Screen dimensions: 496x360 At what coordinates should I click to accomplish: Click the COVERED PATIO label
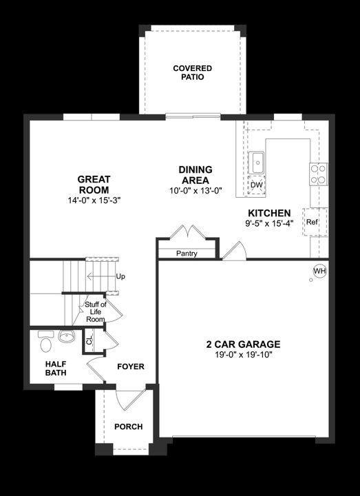[x=192, y=73]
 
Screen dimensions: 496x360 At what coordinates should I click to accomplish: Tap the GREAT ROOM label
[x=94, y=184]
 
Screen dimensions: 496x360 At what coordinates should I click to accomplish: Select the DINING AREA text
[x=195, y=174]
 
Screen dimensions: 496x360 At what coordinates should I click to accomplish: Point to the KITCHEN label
[x=269, y=214]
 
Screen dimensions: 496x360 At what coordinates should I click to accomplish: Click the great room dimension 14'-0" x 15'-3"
[x=94, y=200]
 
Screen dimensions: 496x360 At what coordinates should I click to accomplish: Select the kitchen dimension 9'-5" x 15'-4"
[x=269, y=223]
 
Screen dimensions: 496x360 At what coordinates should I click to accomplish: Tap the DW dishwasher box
[x=256, y=185]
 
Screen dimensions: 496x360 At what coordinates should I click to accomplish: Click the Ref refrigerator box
[x=312, y=222]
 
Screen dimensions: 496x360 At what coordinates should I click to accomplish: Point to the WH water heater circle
[x=319, y=271]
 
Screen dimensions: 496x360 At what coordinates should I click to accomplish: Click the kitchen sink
[x=257, y=163]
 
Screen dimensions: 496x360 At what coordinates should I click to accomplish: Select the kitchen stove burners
[x=319, y=174]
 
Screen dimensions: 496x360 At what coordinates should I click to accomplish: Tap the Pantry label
[x=187, y=254]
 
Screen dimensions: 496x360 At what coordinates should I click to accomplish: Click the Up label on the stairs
[x=120, y=276]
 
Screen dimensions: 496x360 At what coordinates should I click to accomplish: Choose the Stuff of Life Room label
[x=95, y=311]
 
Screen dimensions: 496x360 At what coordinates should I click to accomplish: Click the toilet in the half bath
[x=45, y=342]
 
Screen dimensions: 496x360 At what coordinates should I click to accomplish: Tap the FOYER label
[x=130, y=366]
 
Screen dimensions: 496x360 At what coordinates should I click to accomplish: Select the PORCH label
[x=128, y=426]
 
